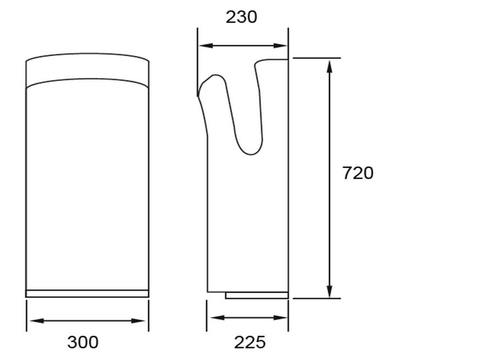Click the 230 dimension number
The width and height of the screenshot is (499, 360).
click(241, 17)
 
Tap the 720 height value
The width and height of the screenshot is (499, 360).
click(358, 173)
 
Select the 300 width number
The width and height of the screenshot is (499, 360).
click(83, 342)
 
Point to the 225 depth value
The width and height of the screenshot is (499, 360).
click(250, 342)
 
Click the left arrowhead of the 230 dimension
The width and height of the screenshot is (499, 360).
click(206, 46)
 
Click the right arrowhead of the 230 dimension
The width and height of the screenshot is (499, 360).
click(280, 46)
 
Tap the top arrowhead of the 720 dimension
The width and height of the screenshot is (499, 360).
click(330, 66)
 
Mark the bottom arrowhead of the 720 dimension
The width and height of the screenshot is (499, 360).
click(330, 291)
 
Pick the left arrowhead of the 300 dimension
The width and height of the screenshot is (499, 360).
click(36, 321)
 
